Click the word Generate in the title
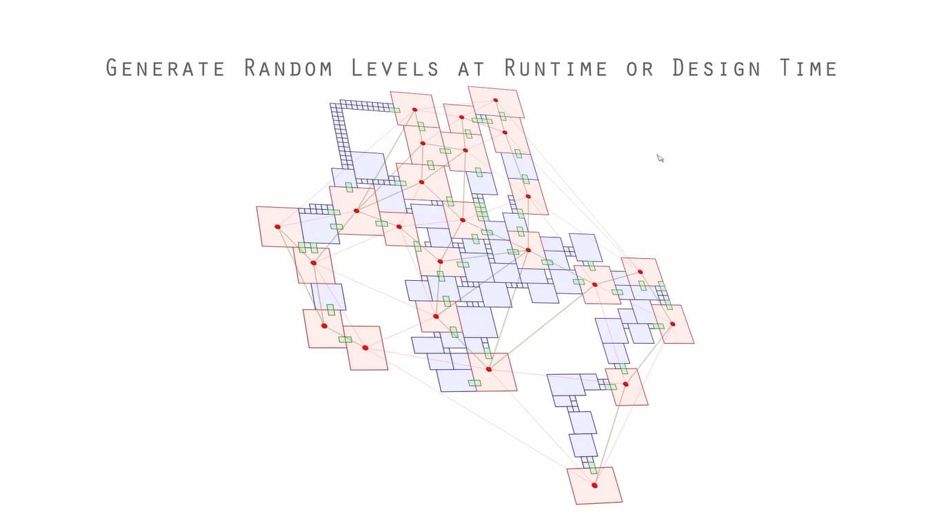coord(166,68)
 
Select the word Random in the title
coord(288,68)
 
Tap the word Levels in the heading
coord(394,68)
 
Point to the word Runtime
coord(556,68)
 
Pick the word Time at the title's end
coord(808,68)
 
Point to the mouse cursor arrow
coord(660,158)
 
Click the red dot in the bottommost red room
coord(594,485)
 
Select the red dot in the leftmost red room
coord(278,226)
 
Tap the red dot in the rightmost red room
coord(672,324)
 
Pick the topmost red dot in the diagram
coord(495,100)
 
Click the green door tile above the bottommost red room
coord(592,468)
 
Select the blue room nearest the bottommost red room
coord(583,444)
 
